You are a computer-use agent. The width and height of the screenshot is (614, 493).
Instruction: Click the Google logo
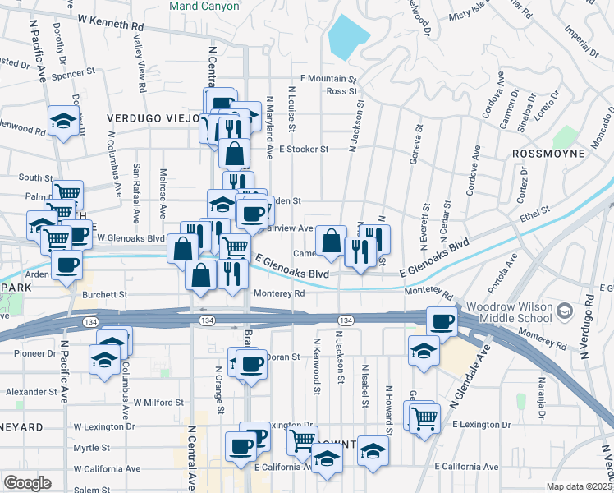coord(27,483)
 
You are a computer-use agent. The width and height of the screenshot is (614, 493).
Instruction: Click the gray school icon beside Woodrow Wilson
coord(564,311)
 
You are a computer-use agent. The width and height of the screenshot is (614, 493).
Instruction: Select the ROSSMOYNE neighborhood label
coord(548,154)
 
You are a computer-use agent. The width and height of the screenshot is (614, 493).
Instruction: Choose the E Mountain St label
coord(328,79)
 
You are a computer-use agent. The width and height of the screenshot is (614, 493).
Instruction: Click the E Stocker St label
coord(303,150)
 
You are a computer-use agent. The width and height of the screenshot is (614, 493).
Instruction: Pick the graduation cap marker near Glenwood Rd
coord(62,122)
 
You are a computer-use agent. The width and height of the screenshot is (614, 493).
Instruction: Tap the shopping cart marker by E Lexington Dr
coord(424,417)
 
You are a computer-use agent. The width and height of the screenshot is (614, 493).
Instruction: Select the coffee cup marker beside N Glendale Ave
coord(442,322)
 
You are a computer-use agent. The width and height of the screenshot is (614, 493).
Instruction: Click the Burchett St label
coord(105,293)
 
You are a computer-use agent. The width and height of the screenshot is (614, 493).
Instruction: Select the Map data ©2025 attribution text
coord(579,486)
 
